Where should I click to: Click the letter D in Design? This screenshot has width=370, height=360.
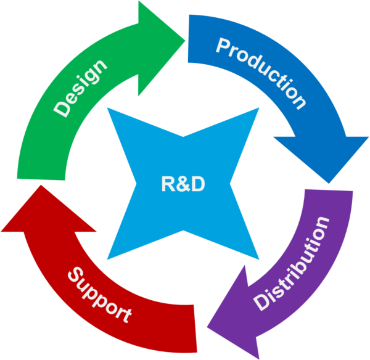pos(62,109)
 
